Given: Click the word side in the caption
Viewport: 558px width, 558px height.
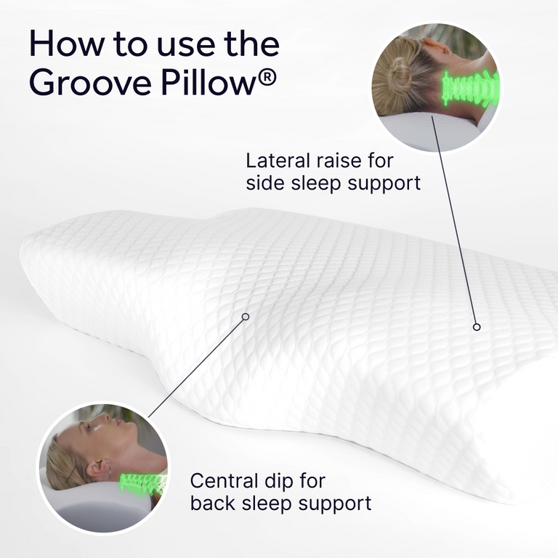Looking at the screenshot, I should pyautogui.click(x=264, y=182).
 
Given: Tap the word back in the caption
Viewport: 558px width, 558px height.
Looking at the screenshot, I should pyautogui.click(x=211, y=502).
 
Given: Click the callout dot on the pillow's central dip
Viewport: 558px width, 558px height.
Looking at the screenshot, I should pyautogui.click(x=246, y=317).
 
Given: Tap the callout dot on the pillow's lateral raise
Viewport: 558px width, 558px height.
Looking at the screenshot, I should pyautogui.click(x=477, y=327).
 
